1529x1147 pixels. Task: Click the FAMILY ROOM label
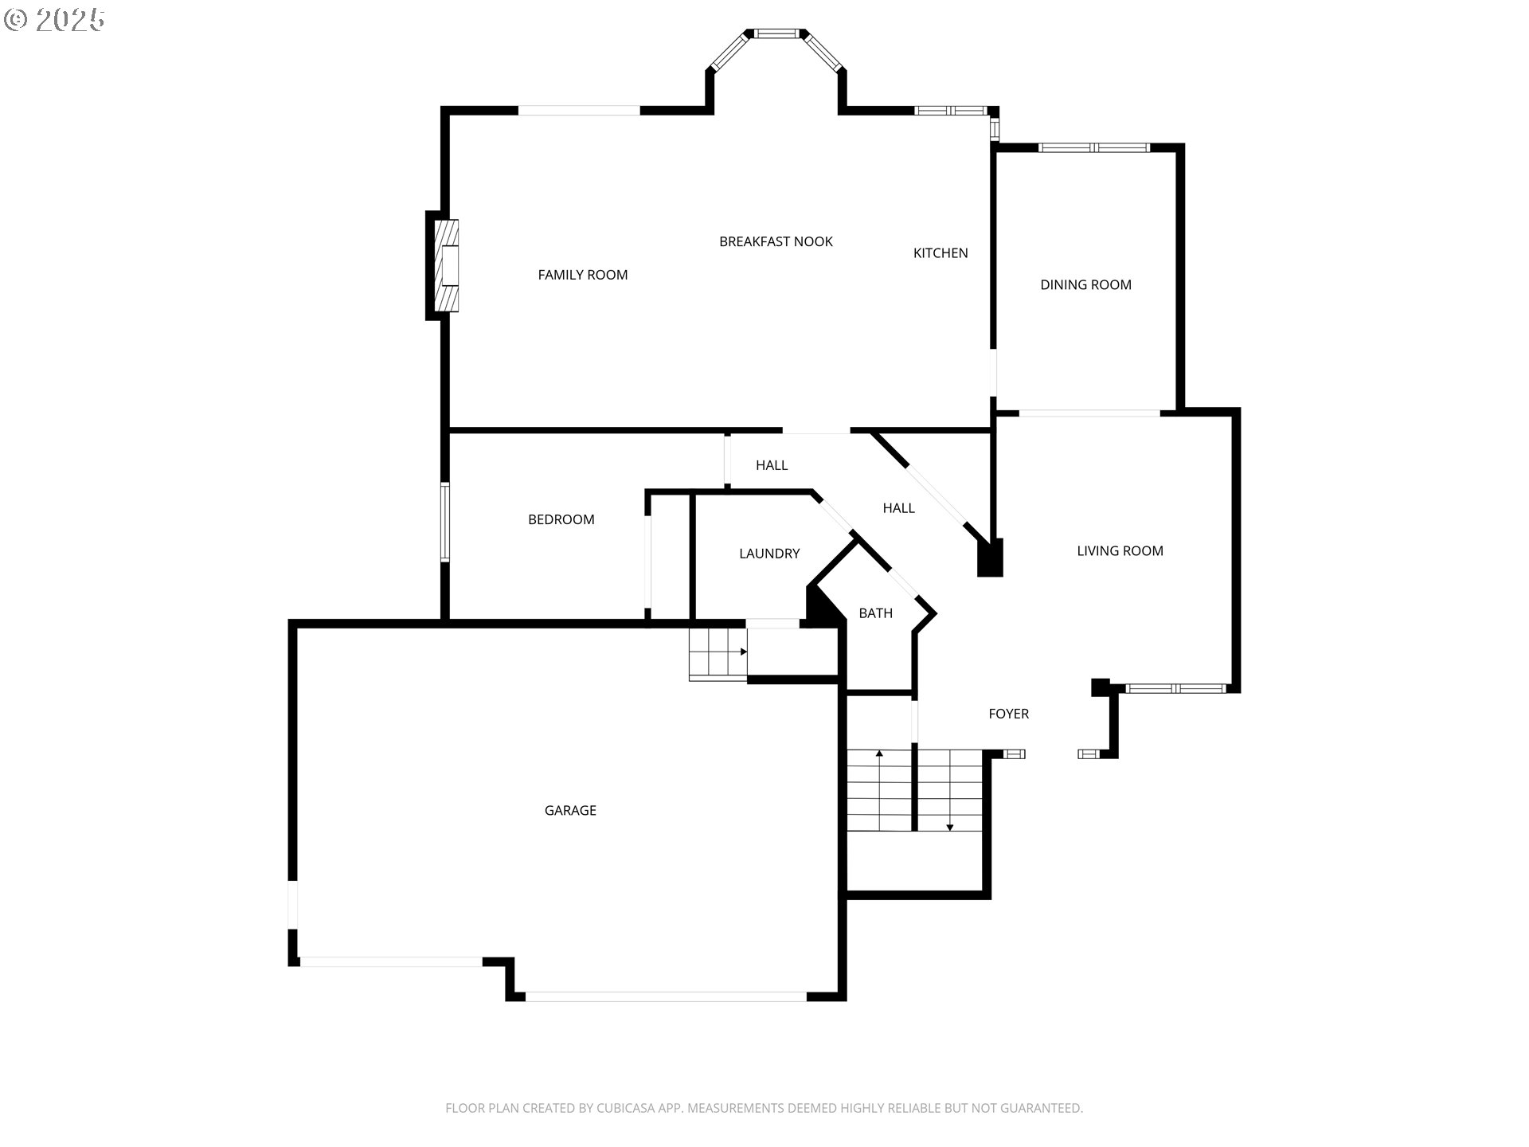coord(582,275)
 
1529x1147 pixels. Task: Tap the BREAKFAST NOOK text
coord(776,241)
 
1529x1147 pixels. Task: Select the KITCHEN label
coord(940,253)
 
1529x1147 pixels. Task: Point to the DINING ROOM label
coord(1085,285)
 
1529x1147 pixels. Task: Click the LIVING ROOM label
coord(1120,551)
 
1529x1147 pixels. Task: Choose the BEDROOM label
coord(561,519)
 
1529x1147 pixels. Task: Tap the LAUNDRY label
coord(768,554)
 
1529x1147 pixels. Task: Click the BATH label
coord(875,613)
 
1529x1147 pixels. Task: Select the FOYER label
coord(1008,714)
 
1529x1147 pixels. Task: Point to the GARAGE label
coord(570,811)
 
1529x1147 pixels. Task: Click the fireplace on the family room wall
coord(446,265)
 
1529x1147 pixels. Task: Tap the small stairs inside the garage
coord(718,653)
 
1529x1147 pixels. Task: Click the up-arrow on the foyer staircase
coord(879,754)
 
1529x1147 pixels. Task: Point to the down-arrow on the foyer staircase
coord(949,827)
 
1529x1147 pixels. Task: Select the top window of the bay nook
coord(776,33)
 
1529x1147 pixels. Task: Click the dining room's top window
coord(1094,147)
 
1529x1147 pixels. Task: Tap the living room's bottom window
coord(1175,688)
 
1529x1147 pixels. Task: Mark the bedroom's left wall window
coord(445,522)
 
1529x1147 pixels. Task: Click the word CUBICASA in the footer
coord(626,1108)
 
